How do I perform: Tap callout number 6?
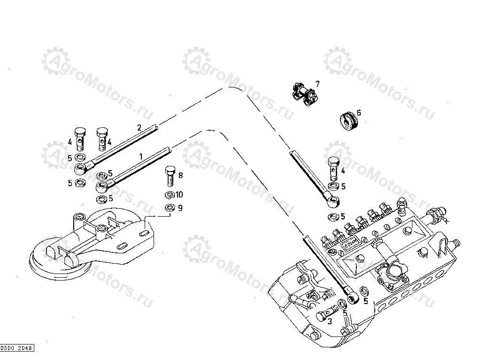click(x=359, y=113)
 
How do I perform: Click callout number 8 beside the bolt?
click(x=180, y=176)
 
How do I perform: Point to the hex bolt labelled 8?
click(x=170, y=177)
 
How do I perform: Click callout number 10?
click(x=179, y=195)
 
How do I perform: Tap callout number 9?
click(x=180, y=208)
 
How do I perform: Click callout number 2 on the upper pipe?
click(x=139, y=127)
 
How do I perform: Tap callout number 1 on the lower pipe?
click(x=140, y=155)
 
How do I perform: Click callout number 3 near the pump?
click(x=330, y=322)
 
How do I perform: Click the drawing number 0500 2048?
click(x=17, y=348)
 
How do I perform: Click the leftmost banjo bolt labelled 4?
click(x=81, y=136)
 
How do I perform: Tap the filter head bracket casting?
click(x=94, y=240)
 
